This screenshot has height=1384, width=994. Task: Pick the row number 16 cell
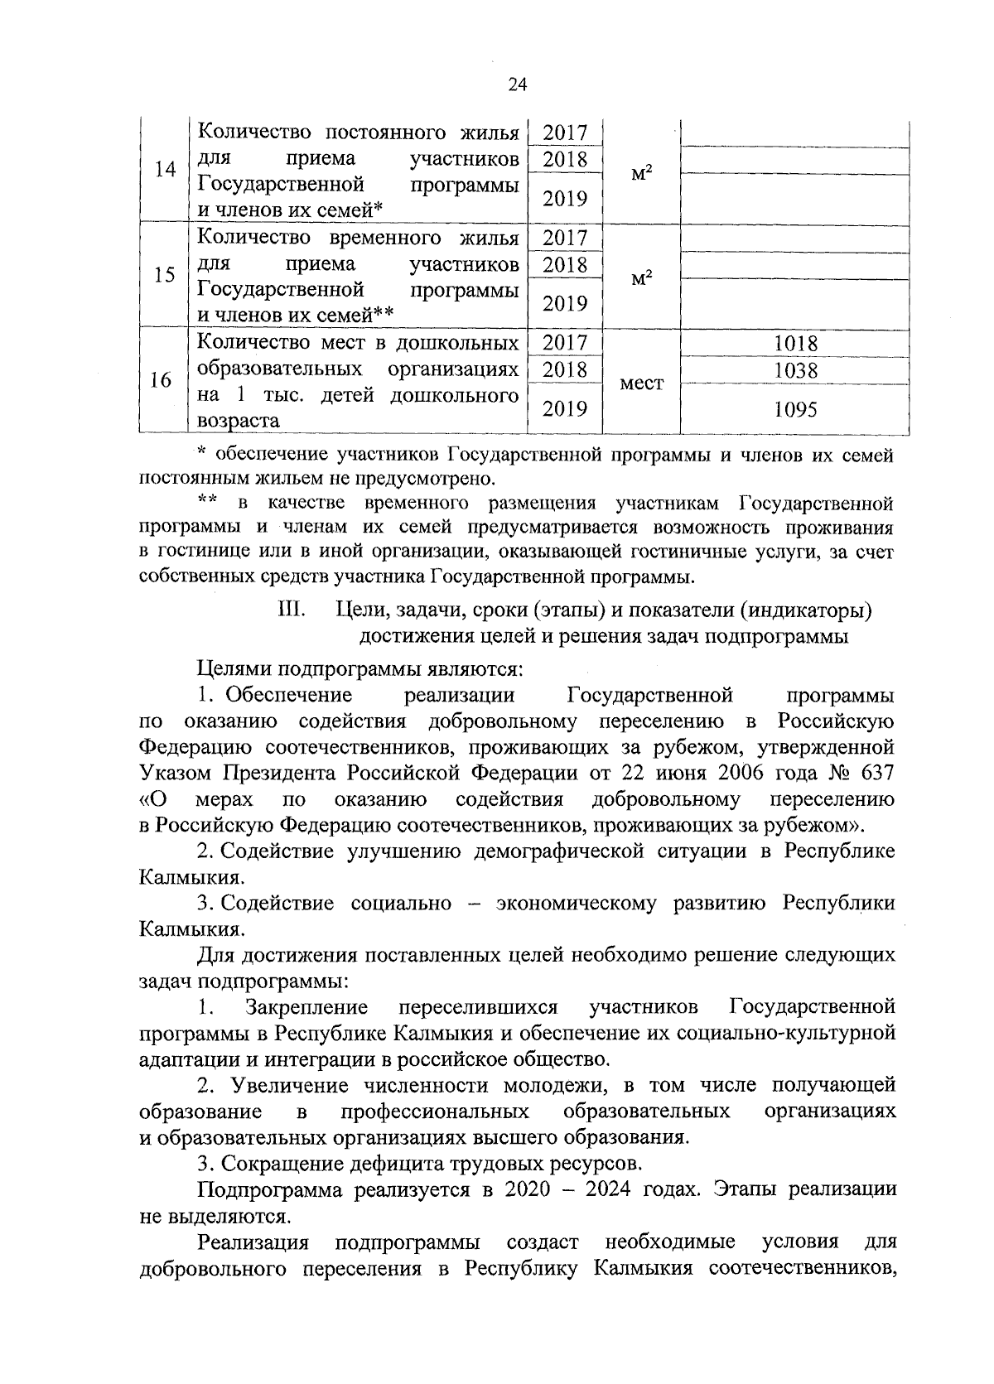pyautogui.click(x=162, y=380)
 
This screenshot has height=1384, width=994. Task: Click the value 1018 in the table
pyautogui.click(x=795, y=343)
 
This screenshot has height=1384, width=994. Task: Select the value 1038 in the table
pyautogui.click(x=795, y=370)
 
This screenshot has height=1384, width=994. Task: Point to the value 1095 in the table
pyautogui.click(x=795, y=409)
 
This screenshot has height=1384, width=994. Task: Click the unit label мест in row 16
pyautogui.click(x=642, y=383)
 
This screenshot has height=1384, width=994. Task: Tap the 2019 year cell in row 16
pyautogui.click(x=565, y=408)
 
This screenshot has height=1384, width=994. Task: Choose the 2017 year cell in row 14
pyautogui.click(x=565, y=133)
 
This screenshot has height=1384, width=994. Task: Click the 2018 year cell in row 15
pyautogui.click(x=565, y=265)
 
